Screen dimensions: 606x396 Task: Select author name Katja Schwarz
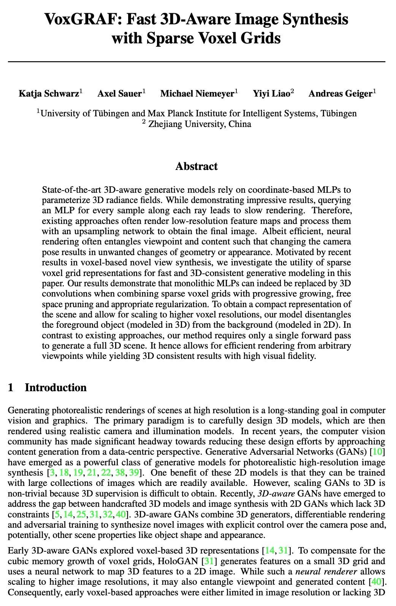coord(49,94)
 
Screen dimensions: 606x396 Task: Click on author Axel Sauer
coord(119,94)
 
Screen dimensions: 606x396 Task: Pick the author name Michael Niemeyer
coord(197,94)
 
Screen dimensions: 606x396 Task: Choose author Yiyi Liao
coord(271,94)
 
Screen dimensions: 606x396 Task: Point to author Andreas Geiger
coord(340,94)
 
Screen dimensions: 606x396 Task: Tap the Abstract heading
coord(196,167)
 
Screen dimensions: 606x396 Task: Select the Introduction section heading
coord(55,388)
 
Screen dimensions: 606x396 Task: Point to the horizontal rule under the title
coord(196,61)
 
